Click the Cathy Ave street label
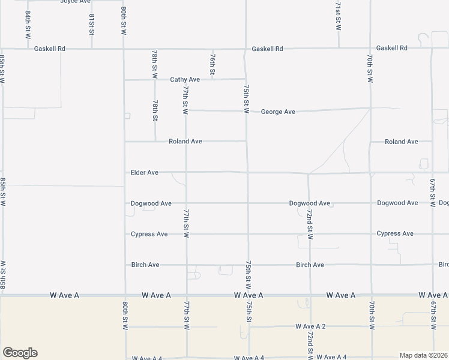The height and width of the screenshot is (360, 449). (x=185, y=79)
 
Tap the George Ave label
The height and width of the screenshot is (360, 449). (x=278, y=112)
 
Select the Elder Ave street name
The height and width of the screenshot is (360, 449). (x=145, y=172)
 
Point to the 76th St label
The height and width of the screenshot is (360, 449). (x=213, y=64)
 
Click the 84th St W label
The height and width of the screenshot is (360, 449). (x=28, y=24)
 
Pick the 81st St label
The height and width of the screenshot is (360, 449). (x=92, y=25)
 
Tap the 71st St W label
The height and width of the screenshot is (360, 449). (x=339, y=16)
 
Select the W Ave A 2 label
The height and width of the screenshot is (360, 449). (x=310, y=326)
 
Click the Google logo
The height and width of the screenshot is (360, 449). (x=20, y=353)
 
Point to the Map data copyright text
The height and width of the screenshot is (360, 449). (x=424, y=355)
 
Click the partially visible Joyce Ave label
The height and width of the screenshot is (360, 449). (x=75, y=2)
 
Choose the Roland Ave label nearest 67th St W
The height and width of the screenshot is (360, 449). (x=401, y=142)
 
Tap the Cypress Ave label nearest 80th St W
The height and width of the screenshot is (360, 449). (x=149, y=234)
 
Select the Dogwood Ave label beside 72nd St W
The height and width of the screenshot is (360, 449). (x=309, y=203)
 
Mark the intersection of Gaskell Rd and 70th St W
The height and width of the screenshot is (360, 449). (x=369, y=48)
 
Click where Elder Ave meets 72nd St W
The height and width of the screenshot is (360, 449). (x=309, y=173)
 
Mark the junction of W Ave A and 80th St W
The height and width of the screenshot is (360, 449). (x=124, y=295)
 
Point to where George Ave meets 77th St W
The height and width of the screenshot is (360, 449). (x=185, y=110)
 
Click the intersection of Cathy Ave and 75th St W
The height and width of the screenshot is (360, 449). (x=245, y=79)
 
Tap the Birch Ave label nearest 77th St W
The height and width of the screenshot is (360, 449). (x=145, y=265)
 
